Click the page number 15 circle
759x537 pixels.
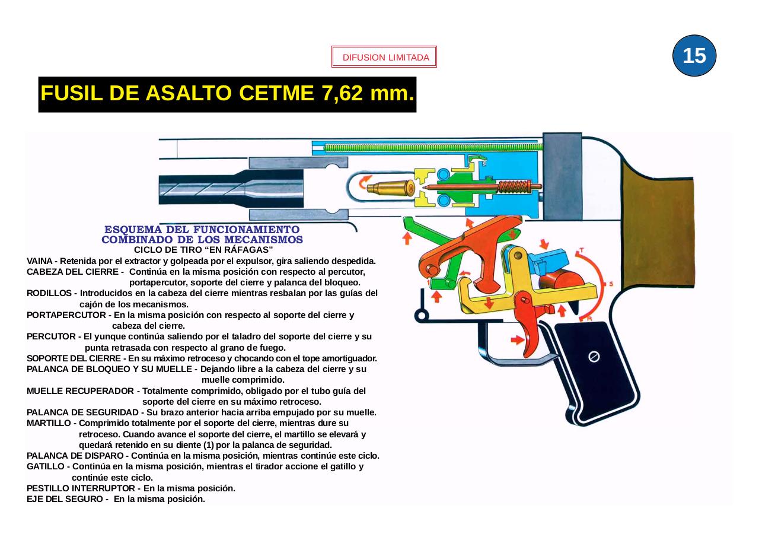point(694,56)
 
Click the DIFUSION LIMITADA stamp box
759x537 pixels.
point(384,58)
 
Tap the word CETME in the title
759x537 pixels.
point(277,94)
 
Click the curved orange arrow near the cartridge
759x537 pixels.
point(366,179)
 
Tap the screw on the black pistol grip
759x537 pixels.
point(594,357)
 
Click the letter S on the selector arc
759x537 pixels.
point(611,284)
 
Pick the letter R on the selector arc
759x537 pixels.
point(589,319)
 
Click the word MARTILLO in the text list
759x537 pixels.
point(49,423)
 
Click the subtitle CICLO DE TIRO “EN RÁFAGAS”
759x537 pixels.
point(203,250)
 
